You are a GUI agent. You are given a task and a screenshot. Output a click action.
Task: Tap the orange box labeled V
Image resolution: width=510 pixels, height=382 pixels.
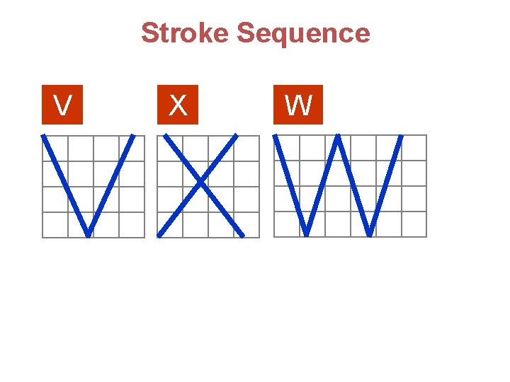[x=62, y=105]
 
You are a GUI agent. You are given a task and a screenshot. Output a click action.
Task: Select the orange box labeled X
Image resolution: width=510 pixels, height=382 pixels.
[x=178, y=105]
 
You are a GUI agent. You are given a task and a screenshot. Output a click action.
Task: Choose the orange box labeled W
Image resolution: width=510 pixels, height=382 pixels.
[x=298, y=105]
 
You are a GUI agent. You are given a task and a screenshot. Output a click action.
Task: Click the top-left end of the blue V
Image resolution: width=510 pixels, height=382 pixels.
[x=44, y=136]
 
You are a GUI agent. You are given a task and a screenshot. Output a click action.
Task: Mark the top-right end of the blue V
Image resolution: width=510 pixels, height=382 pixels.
[x=132, y=136]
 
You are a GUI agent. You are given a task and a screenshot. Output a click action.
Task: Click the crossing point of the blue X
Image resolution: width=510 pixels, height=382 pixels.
[x=200, y=184]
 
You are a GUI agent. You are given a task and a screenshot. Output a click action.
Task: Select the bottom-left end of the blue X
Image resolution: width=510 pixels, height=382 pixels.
[x=159, y=235]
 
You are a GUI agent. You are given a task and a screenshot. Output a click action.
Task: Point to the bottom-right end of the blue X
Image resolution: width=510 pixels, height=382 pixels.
[x=243, y=235]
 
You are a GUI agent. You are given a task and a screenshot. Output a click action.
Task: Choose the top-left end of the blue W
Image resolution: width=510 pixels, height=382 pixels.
[x=275, y=136]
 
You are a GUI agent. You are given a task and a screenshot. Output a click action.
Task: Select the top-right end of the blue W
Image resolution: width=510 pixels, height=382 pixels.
[x=402, y=136]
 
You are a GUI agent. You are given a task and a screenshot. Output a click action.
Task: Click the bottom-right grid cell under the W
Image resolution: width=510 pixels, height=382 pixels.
[x=414, y=224]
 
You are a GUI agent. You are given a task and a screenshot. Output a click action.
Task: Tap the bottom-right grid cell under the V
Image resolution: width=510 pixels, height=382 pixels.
[x=132, y=224]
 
